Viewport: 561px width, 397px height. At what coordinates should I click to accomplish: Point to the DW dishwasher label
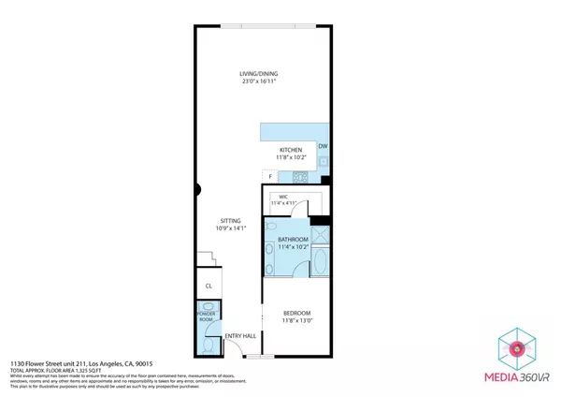click(x=323, y=146)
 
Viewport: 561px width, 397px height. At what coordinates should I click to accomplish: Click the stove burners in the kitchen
click(x=302, y=176)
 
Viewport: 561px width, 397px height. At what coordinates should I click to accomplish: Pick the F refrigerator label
click(x=271, y=176)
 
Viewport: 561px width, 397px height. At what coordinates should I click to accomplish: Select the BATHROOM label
click(x=294, y=241)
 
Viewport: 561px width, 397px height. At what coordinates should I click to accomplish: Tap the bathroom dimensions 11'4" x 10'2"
click(x=294, y=248)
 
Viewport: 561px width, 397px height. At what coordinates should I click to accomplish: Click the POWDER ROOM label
click(x=207, y=316)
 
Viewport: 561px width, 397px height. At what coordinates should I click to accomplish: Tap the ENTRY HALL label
click(x=239, y=336)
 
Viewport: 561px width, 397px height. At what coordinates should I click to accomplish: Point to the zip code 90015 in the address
click(x=150, y=362)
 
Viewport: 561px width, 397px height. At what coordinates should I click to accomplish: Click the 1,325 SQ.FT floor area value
click(x=86, y=369)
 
